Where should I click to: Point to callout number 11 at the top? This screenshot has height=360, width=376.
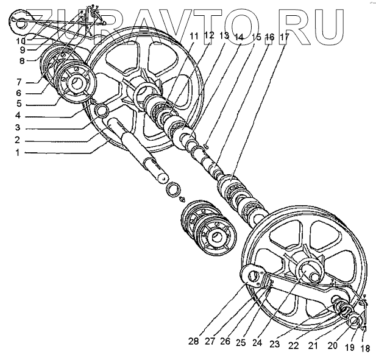pos(194,37)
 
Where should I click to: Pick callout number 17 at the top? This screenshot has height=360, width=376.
pos(285,37)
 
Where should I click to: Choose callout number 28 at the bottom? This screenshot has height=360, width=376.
pos(194,342)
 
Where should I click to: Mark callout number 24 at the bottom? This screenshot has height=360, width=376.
pos(258,342)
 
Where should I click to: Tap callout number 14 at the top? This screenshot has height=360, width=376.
pos(239,37)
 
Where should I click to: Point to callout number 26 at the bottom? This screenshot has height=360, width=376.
pos(225,342)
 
